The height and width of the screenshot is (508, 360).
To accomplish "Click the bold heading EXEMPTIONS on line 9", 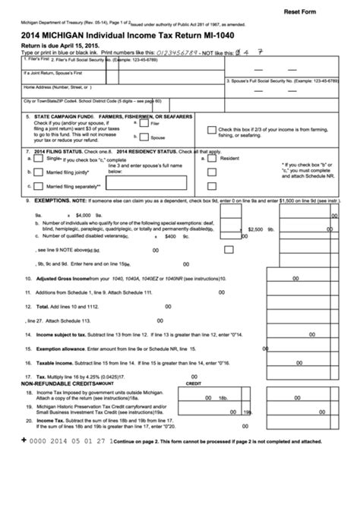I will pyautogui.click(x=48, y=200).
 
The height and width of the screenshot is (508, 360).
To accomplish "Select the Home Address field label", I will pyautogui.click(x=43, y=87).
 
